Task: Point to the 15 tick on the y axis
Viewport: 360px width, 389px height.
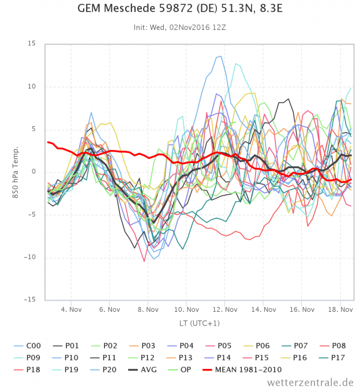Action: point(31,44)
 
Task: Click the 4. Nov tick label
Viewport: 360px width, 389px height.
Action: point(71,309)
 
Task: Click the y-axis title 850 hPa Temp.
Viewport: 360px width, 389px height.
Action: point(16,171)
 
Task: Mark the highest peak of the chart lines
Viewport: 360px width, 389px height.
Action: point(220,56)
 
